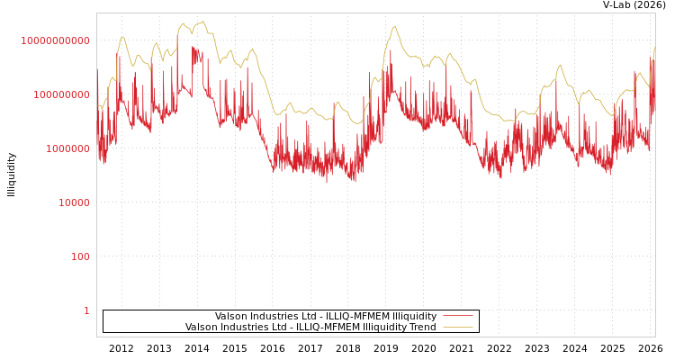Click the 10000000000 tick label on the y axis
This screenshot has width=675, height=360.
(x=56, y=40)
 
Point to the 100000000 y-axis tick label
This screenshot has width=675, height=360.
(x=60, y=94)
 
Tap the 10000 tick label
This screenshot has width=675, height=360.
(x=74, y=202)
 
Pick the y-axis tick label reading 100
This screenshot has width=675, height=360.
(x=81, y=256)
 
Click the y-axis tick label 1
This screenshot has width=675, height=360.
(x=86, y=310)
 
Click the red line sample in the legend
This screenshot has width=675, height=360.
(x=457, y=317)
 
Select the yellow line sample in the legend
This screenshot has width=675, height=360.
(x=457, y=328)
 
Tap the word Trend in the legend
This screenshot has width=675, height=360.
(x=422, y=328)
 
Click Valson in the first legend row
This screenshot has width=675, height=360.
(x=230, y=317)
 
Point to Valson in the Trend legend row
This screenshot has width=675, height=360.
(x=201, y=328)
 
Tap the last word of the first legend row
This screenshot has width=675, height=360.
(x=411, y=317)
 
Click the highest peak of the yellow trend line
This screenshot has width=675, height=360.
(x=203, y=21)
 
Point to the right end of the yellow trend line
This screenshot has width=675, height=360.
(x=654, y=48)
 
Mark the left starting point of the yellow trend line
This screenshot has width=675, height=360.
(x=98, y=106)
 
